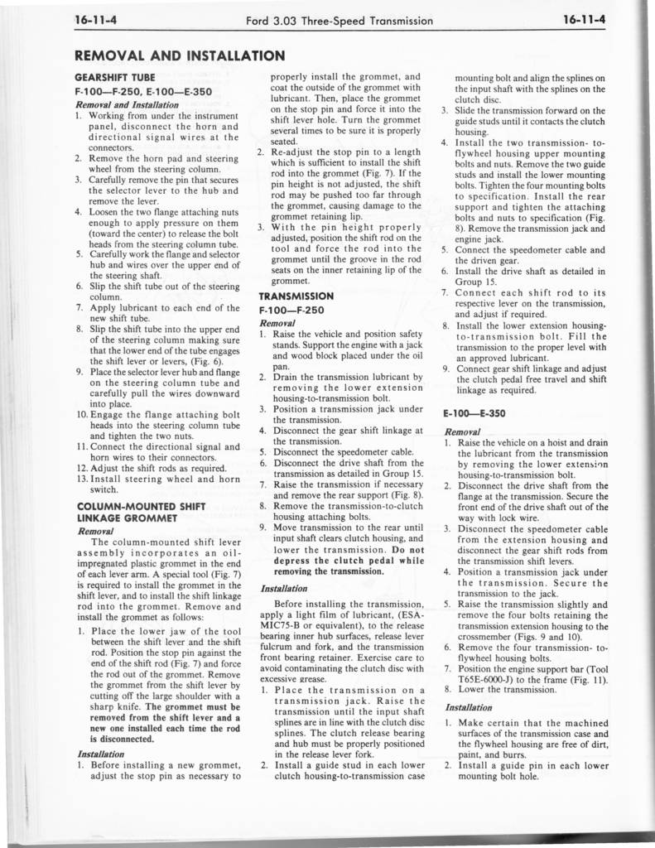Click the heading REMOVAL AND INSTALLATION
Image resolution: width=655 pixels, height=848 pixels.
coord(180,55)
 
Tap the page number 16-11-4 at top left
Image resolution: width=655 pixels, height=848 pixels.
coord(94,20)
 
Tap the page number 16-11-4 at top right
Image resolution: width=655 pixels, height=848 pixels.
coord(585,20)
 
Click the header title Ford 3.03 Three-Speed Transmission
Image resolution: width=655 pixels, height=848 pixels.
coord(340,20)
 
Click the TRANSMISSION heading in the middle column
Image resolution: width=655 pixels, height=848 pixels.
coord(296,296)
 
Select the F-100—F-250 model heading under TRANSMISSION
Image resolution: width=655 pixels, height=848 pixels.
coord(290,310)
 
